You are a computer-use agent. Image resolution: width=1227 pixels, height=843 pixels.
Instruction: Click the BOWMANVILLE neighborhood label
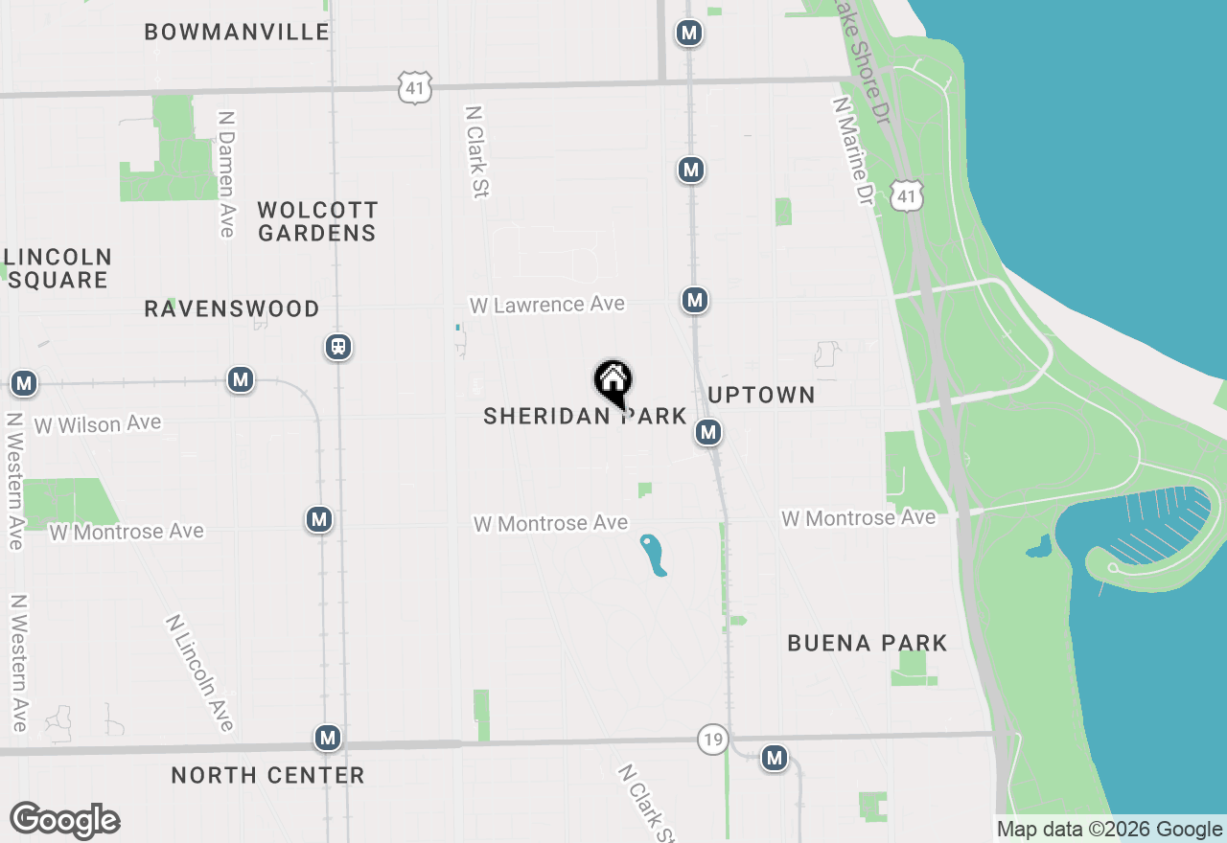237,32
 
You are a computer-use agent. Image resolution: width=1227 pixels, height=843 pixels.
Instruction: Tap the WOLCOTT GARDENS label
317,221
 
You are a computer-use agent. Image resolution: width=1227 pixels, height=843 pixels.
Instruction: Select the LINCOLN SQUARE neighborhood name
58,268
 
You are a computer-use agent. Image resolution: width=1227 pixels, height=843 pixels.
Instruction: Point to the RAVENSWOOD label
232,308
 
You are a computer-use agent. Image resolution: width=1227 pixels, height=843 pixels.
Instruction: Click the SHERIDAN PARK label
585,416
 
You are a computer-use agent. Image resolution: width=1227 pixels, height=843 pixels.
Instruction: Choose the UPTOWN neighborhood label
761,395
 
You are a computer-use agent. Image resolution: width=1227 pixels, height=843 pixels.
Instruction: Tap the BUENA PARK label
868,643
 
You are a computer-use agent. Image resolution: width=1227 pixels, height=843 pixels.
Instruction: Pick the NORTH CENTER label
267,775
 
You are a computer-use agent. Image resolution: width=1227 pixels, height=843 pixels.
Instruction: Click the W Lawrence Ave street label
546,305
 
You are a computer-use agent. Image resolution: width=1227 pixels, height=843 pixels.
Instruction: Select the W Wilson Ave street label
98,424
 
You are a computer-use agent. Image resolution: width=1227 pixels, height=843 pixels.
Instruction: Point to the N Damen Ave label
226,173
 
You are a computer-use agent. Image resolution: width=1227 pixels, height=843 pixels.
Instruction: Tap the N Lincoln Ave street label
200,672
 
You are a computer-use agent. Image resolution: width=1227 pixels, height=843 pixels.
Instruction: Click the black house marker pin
613,381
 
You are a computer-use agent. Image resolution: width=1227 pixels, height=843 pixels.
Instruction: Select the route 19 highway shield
711,740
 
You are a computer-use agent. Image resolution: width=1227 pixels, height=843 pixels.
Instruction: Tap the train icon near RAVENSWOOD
337,346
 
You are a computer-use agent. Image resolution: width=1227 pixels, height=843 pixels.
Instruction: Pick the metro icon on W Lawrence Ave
695,300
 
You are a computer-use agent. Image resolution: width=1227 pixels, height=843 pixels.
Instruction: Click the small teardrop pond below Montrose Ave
653,555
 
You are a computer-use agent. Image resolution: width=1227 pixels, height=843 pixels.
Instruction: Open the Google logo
65,821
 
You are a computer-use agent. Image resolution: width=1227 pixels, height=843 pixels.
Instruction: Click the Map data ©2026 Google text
1109,830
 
